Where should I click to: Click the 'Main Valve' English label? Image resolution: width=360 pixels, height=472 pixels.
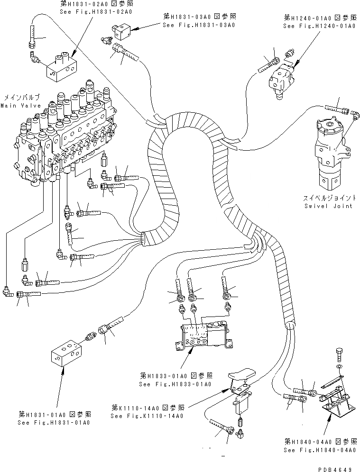coord(20,105)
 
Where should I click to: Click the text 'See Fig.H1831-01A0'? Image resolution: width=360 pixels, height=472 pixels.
coord(53,422)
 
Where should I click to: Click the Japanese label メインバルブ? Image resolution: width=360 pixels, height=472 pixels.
coord(20,97)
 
